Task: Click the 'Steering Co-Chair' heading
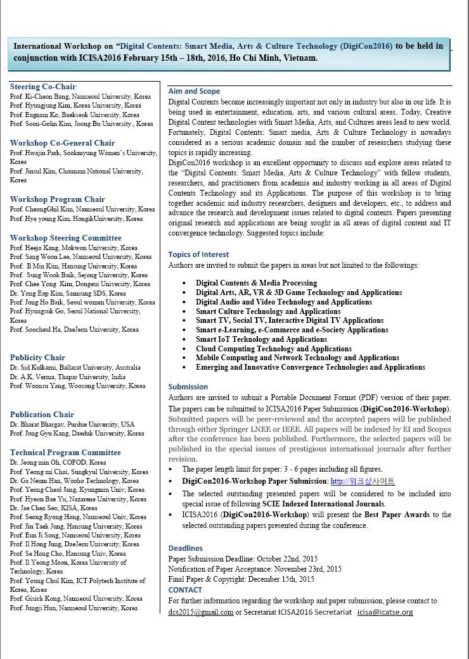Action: (43, 87)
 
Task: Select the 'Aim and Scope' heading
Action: (194, 91)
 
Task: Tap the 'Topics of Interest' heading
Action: (198, 254)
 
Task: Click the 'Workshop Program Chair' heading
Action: (58, 199)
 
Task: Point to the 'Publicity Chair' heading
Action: (37, 358)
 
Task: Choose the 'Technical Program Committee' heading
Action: (65, 453)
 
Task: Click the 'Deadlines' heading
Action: (186, 548)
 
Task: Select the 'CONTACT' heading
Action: (185, 590)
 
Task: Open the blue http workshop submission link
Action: (363, 482)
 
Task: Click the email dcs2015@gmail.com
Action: (200, 612)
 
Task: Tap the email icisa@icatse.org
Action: (385, 612)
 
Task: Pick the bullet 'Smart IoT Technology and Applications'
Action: (261, 339)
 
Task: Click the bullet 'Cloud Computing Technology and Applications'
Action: (273, 349)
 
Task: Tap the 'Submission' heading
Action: (188, 387)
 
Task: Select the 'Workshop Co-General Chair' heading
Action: (62, 143)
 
